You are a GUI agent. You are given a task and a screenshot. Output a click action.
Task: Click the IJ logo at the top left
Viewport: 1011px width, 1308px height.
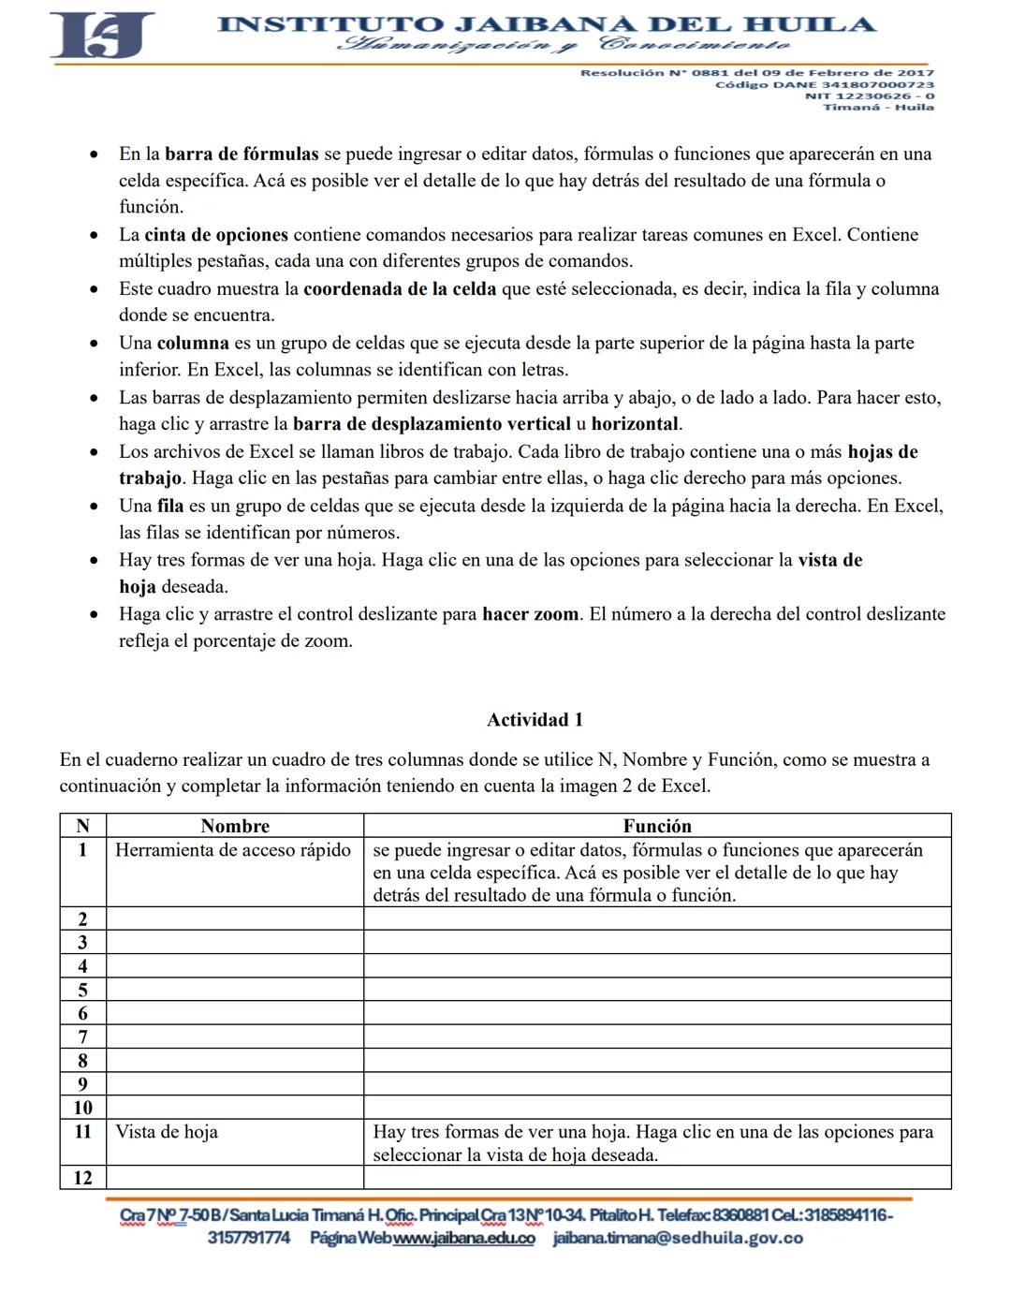(x=101, y=36)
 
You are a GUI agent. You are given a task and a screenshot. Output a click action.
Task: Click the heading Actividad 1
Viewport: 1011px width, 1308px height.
(x=535, y=720)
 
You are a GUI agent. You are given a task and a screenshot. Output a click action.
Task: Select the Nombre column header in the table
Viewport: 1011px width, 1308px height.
(x=235, y=826)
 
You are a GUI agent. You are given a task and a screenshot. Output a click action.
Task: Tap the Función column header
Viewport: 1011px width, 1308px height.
(x=657, y=826)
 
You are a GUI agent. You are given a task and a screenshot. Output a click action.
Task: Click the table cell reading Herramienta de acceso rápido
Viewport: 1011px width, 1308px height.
(x=233, y=850)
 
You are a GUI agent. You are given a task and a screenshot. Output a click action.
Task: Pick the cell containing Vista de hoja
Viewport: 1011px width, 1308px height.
(x=167, y=1132)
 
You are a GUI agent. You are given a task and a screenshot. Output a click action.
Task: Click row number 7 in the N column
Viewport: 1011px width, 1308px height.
(x=82, y=1036)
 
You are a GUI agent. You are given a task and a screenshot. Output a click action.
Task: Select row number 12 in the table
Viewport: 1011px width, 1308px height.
(x=82, y=1178)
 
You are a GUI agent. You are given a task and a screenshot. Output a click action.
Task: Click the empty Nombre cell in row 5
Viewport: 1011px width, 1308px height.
(x=235, y=990)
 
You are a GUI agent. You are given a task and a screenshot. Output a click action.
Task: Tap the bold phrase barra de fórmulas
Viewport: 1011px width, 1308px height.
(x=242, y=154)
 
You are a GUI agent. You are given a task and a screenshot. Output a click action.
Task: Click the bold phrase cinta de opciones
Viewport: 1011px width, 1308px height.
(x=215, y=235)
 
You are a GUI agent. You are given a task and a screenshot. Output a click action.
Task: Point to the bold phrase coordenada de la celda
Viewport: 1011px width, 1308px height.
(x=400, y=289)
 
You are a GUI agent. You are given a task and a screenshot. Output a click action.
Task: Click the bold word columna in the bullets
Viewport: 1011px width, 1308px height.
(x=193, y=344)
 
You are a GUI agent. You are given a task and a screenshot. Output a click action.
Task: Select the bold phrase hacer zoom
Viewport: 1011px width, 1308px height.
(x=530, y=615)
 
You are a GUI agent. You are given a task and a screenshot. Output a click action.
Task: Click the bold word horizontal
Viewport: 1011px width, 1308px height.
(x=635, y=424)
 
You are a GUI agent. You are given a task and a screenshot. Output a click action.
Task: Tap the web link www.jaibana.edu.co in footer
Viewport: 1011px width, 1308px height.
(x=464, y=1239)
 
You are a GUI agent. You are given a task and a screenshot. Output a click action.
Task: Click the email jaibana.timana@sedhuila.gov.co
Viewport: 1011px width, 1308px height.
(x=678, y=1239)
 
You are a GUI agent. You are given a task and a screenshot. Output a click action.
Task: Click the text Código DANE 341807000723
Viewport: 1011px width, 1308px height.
(x=824, y=84)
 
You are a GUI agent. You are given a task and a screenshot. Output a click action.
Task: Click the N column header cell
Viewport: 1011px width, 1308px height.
(x=82, y=826)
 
